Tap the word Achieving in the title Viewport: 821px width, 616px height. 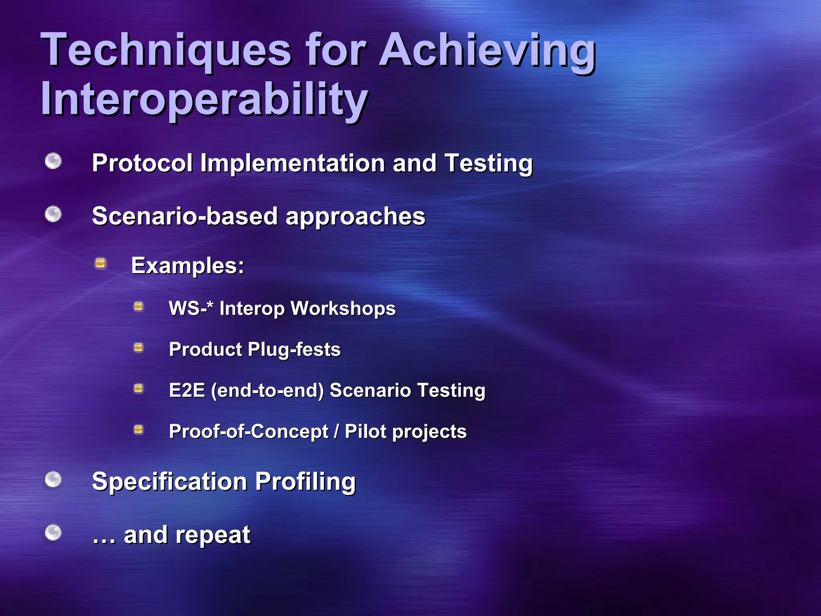(487, 50)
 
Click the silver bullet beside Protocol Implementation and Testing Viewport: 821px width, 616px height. (53, 161)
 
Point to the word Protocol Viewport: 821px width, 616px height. (142, 163)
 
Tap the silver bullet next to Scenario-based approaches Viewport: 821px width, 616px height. (53, 214)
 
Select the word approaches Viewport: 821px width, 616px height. (355, 217)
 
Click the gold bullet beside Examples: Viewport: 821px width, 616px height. (100, 263)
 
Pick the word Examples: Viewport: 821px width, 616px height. (188, 266)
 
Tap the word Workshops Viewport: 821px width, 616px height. (343, 309)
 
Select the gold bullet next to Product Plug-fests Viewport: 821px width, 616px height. (138, 347)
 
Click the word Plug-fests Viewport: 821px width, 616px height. (294, 350)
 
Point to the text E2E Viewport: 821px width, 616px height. (187, 390)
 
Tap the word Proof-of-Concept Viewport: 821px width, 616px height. (249, 432)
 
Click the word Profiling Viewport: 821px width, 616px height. (305, 482)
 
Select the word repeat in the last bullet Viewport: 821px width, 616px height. (213, 535)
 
